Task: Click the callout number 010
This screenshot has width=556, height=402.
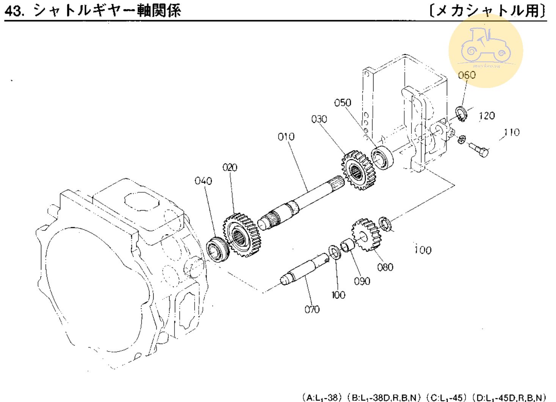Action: (x=286, y=137)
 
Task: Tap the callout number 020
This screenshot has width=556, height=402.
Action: (x=230, y=167)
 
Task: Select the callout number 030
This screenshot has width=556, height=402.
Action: (x=319, y=119)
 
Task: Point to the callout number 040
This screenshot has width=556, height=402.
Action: (x=203, y=181)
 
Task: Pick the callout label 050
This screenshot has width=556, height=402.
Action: (x=342, y=102)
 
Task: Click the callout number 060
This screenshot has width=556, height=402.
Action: (x=466, y=75)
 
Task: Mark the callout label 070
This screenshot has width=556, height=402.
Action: (x=312, y=309)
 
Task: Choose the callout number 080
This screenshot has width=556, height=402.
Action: (x=385, y=267)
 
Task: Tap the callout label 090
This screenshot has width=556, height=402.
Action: (x=362, y=281)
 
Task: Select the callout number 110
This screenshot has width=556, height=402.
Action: (x=512, y=132)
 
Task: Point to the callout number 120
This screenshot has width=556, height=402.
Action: (x=487, y=116)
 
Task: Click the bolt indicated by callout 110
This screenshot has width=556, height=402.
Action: (x=479, y=149)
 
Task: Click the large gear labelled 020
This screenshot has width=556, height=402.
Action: (x=242, y=235)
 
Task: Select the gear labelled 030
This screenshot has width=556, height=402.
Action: (x=358, y=170)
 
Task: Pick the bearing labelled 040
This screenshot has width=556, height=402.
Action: (x=218, y=249)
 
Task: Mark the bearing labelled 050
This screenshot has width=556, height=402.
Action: (x=382, y=157)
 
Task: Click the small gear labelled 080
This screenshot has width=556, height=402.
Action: (x=366, y=235)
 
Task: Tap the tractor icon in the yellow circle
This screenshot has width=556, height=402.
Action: (x=485, y=46)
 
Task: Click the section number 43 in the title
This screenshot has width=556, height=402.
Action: (x=14, y=11)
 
